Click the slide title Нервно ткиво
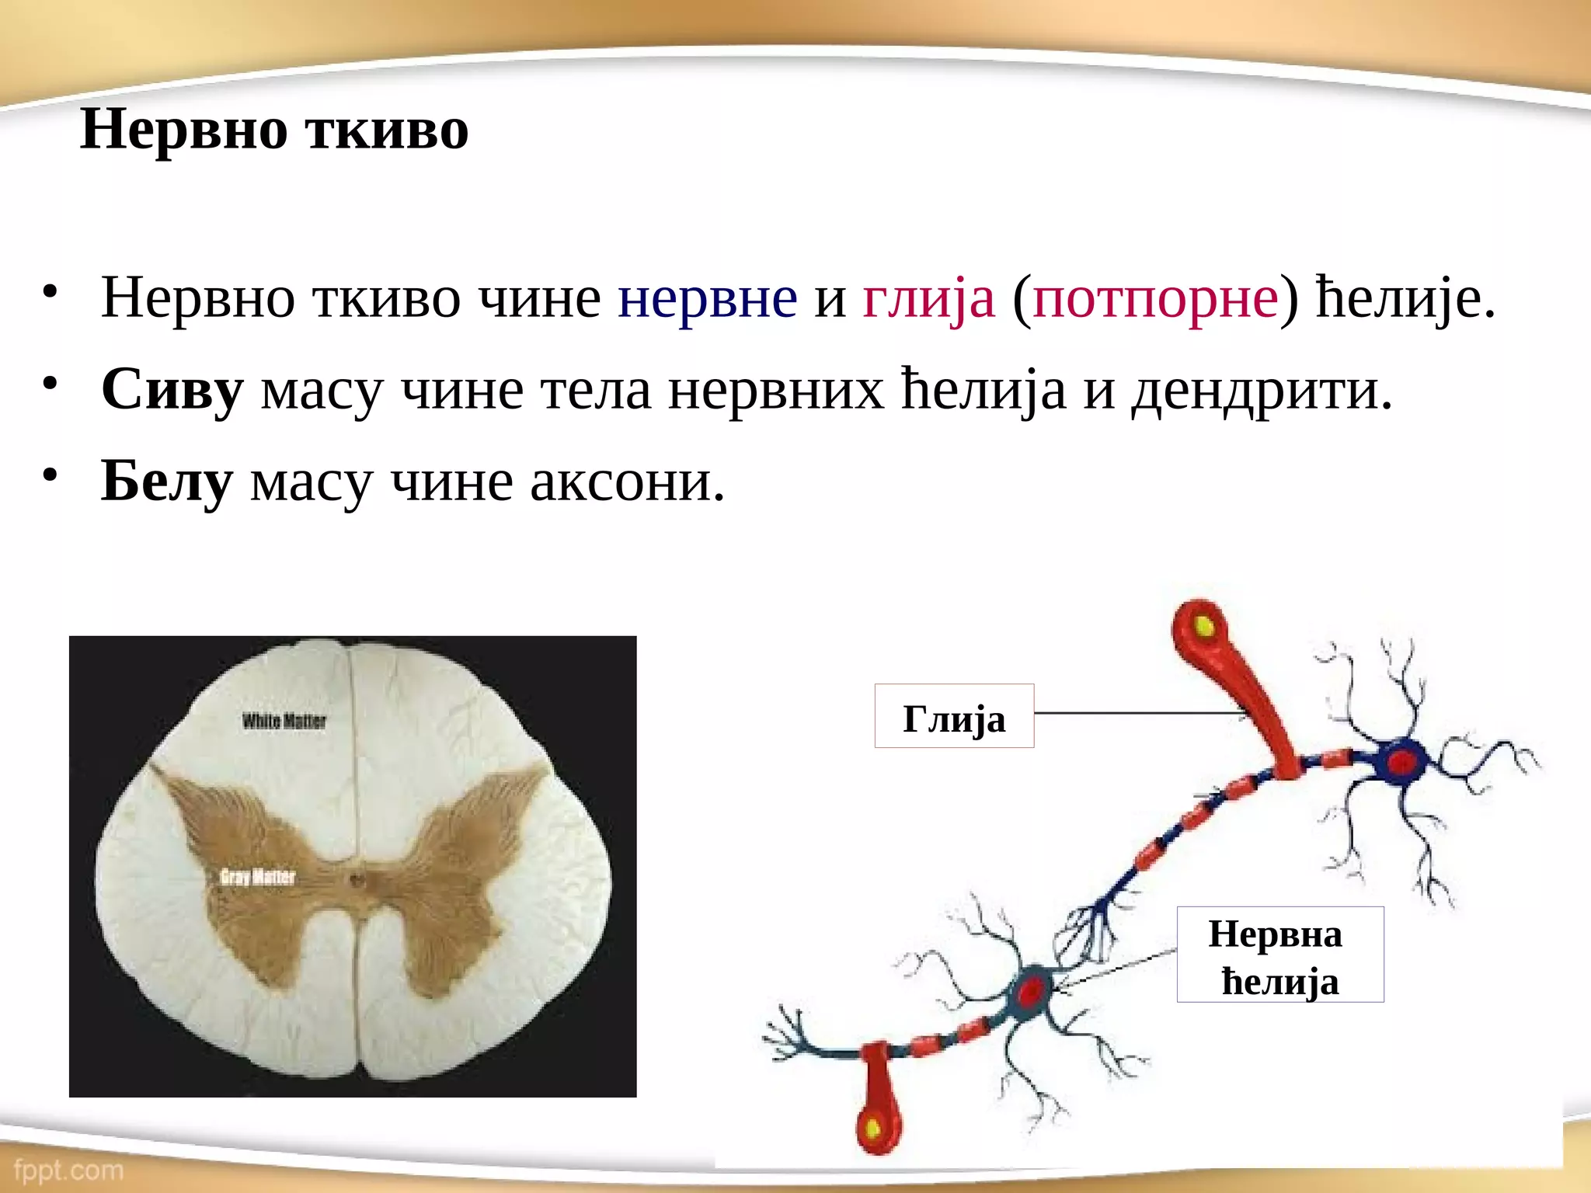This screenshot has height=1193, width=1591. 274,130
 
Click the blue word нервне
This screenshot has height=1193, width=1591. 707,298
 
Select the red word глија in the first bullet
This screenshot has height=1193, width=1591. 928,298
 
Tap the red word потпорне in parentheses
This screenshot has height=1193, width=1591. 1155,298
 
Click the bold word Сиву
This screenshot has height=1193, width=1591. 172,390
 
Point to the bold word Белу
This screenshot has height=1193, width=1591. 166,482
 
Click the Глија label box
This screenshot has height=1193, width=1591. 954,716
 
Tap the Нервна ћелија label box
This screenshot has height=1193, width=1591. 1279,955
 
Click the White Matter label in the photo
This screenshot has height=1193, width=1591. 284,722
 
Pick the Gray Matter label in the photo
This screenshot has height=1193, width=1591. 257,878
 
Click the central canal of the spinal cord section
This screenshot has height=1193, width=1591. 357,881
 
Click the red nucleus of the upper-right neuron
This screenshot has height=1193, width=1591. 1402,763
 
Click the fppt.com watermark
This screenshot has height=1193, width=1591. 68,1170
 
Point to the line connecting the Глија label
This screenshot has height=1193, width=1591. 1134,713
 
